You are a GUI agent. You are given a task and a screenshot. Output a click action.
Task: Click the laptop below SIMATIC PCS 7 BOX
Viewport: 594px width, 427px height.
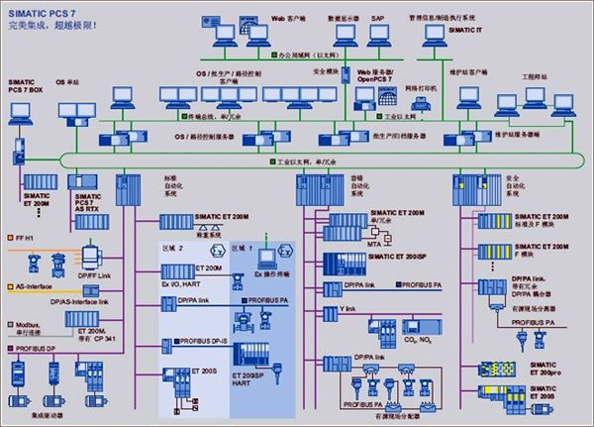tap(21, 105)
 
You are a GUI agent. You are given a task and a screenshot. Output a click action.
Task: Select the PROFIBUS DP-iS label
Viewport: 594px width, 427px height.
tap(204, 340)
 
